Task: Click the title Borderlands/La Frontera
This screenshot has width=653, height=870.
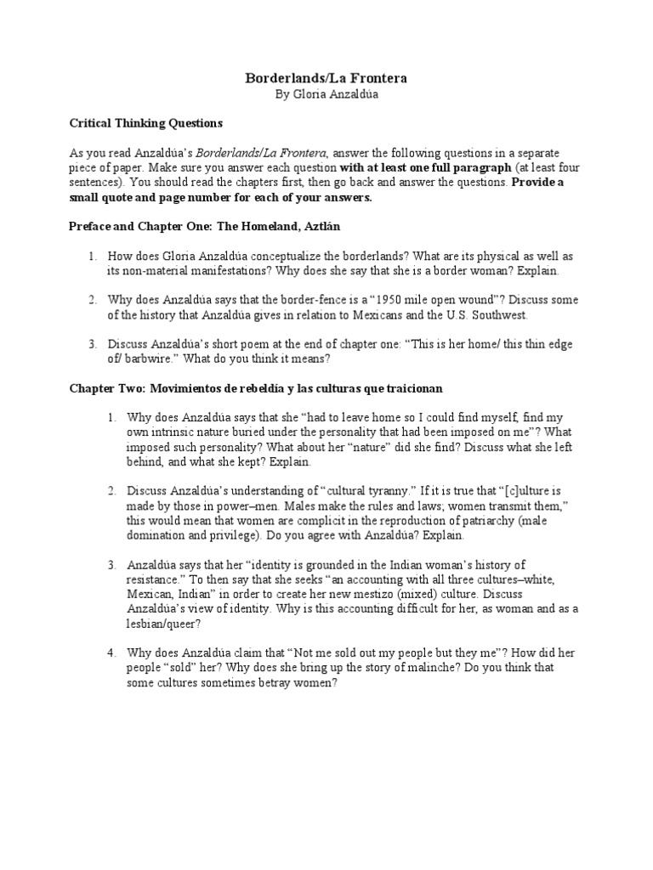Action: (326, 78)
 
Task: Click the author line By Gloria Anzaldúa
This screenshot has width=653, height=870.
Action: (326, 94)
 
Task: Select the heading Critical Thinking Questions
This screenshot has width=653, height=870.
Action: (145, 123)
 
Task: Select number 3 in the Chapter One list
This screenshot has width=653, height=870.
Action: (92, 344)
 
